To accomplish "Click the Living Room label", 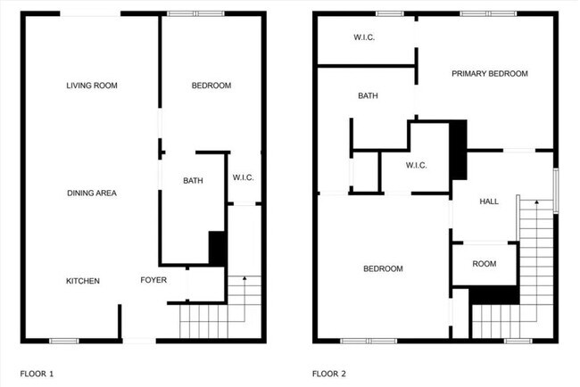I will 92,86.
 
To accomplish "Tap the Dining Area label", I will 92,193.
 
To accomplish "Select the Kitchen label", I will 82,281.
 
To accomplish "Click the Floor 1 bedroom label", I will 211,86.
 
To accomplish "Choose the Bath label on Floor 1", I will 193,181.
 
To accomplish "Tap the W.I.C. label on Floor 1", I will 243,177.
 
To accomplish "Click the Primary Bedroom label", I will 489,74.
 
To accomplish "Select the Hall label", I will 489,202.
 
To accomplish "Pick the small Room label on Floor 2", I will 484,264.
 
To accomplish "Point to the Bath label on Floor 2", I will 368,95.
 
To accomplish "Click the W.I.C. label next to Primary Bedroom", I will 364,37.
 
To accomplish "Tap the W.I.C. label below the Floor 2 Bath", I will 416,165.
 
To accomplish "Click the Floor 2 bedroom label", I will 382,268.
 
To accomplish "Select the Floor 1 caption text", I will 37,373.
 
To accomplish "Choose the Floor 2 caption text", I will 329,373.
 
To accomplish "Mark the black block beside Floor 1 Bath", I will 217,248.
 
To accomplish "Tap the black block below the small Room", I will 493,296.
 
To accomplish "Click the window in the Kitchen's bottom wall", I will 62,340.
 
